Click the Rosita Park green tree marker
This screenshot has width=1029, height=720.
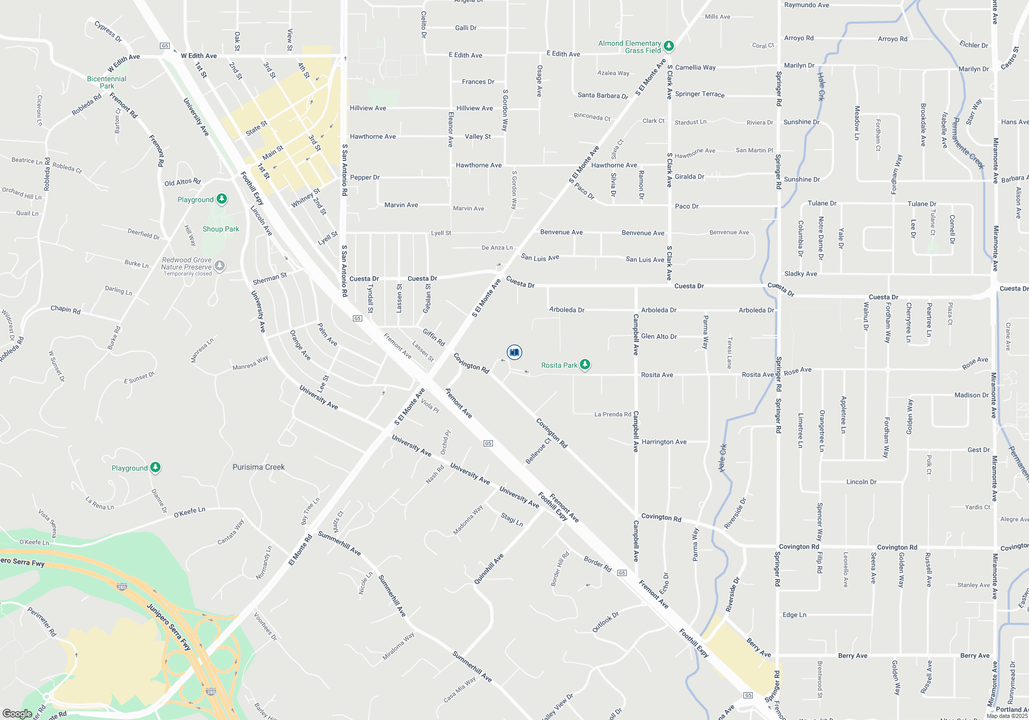584,365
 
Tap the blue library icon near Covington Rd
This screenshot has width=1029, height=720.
514,352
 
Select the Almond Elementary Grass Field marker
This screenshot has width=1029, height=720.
668,46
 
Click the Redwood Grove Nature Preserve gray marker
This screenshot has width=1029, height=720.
220,266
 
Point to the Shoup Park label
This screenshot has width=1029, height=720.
221,229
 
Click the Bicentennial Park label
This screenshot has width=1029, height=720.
107,82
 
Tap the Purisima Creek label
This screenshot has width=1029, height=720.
258,467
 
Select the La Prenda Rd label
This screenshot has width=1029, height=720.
612,414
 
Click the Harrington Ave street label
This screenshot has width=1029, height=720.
664,442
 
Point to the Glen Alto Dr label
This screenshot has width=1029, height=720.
659,336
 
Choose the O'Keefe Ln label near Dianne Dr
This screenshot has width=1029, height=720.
189,512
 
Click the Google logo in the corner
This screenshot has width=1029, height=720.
17,713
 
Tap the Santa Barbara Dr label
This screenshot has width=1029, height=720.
602,96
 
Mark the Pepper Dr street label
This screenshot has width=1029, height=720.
364,177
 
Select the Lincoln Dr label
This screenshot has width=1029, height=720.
861,482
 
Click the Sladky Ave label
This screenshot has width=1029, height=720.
800,274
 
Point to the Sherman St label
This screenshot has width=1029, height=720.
270,279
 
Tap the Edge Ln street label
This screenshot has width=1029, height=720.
794,615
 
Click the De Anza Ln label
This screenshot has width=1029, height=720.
497,247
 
